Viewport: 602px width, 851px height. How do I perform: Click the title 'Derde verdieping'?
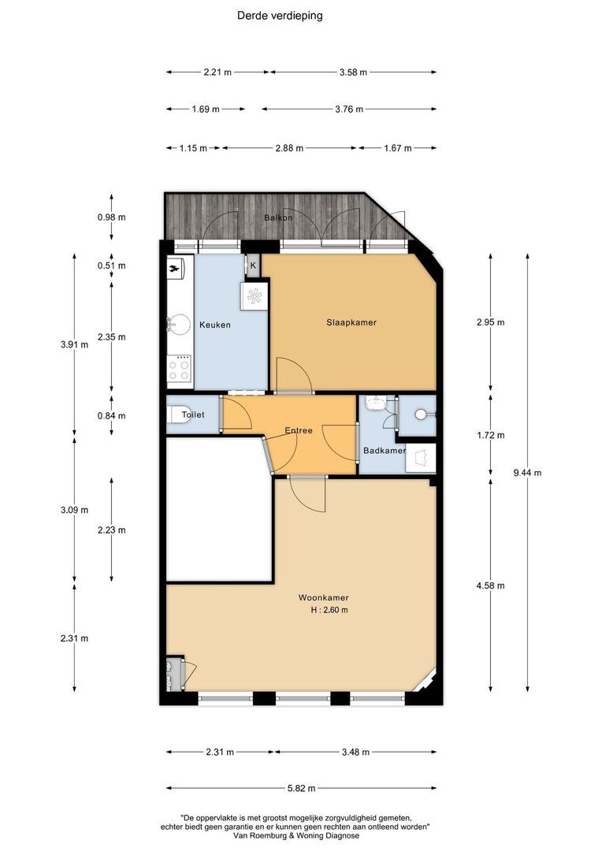pos(280,16)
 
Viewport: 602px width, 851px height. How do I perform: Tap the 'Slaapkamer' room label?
pos(351,322)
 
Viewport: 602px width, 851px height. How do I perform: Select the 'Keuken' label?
pos(215,325)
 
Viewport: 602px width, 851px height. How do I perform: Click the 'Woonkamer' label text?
pos(324,597)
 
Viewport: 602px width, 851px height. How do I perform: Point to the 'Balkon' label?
pos(278,217)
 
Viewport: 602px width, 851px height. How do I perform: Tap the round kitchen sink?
pos(178,324)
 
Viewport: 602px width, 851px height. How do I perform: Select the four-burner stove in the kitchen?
pos(179,370)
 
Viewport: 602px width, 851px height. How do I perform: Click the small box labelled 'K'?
pos(253,266)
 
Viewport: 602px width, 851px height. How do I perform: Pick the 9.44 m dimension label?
pos(527,473)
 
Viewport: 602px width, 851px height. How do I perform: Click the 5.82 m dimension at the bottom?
pos(301,789)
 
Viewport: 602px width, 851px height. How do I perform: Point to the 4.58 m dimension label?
pos(490,585)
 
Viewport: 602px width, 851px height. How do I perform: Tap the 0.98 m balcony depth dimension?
pos(111,217)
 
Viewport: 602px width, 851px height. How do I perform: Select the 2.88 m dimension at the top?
pos(289,147)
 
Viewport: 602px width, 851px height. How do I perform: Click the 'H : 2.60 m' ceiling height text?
pos(329,610)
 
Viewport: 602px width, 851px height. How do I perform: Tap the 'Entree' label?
pos(299,430)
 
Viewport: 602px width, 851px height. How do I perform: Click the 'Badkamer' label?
pos(385,451)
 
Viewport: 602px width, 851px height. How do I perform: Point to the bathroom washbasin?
pos(376,403)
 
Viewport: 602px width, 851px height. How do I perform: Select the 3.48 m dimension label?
pos(355,753)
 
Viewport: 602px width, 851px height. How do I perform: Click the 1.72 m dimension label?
pos(490,435)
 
